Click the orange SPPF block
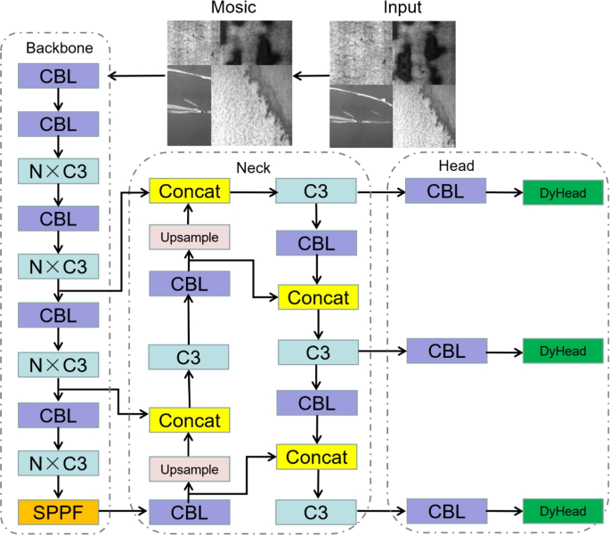[57, 512]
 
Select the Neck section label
[253, 166]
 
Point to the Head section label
[456, 166]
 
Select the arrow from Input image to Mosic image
[313, 76]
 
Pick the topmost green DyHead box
[562, 191]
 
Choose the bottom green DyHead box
[562, 512]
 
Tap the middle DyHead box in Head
[562, 352]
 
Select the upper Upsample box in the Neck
[189, 237]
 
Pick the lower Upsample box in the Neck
[189, 467]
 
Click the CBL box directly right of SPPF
[189, 512]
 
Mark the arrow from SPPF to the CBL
[123, 512]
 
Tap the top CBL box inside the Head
[445, 190]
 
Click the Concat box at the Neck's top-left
[189, 190]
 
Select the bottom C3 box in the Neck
[316, 512]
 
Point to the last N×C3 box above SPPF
[57, 463]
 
